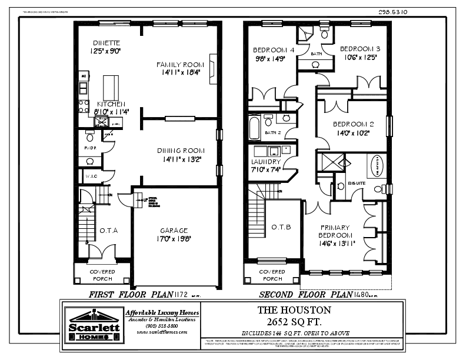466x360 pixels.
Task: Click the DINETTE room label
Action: tap(106, 43)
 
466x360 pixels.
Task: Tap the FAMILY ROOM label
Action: tap(179, 64)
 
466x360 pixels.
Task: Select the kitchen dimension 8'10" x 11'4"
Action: tap(112, 111)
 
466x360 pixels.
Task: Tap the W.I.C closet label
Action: tap(91, 176)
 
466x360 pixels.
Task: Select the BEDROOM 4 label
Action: tap(273, 49)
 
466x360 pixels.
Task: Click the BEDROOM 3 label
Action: tap(360, 48)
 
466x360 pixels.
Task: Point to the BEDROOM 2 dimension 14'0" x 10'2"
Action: tap(354, 133)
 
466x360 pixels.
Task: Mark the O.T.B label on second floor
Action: tap(278, 227)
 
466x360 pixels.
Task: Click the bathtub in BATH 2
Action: tap(254, 126)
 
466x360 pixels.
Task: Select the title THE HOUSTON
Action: tap(294, 309)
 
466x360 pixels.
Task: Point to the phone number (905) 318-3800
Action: tap(162, 325)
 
